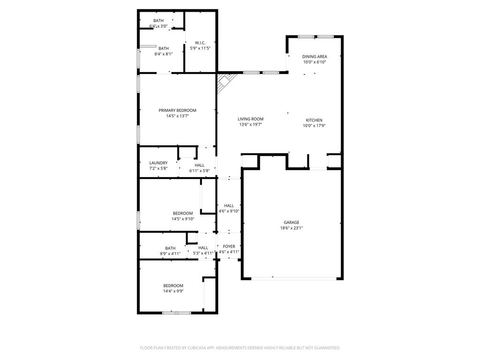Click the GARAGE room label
(291, 222)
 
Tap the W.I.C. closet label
(201, 43)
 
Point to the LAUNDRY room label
(158, 163)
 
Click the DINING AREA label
(315, 56)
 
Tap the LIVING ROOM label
(250, 119)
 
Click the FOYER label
(229, 246)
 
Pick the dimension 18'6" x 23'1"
(291, 228)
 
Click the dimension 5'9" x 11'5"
(201, 48)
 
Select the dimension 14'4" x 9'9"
(173, 291)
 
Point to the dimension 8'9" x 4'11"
(170, 254)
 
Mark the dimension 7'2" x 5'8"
(158, 168)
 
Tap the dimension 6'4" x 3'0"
(158, 26)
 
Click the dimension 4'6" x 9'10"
(229, 211)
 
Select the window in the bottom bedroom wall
(176, 313)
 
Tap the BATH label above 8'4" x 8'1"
(164, 48)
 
